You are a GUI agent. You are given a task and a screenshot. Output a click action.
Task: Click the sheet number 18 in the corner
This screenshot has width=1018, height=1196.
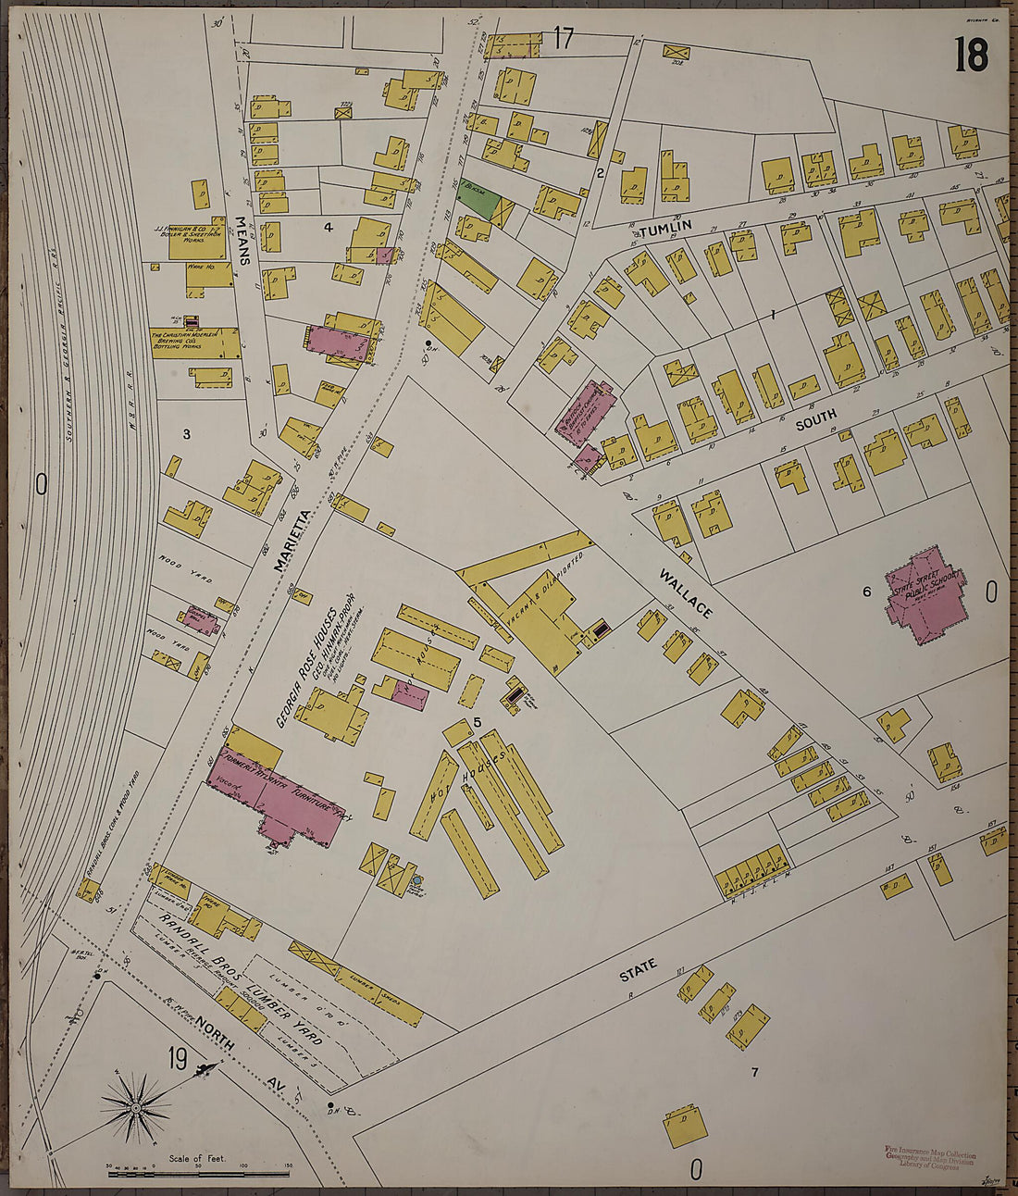(x=971, y=56)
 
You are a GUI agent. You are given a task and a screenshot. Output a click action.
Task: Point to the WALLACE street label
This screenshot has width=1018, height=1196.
(x=686, y=594)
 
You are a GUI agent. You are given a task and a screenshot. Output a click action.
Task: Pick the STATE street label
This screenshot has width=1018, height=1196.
(x=638, y=968)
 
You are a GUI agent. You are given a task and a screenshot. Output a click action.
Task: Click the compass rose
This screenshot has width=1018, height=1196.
(x=137, y=1106)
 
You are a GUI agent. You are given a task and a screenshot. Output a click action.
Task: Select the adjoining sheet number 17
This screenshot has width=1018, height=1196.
(x=563, y=39)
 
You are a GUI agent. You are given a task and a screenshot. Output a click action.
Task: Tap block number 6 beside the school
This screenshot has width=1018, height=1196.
(x=867, y=591)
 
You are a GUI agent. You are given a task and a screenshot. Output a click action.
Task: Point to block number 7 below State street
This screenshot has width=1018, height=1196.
(x=754, y=1072)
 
